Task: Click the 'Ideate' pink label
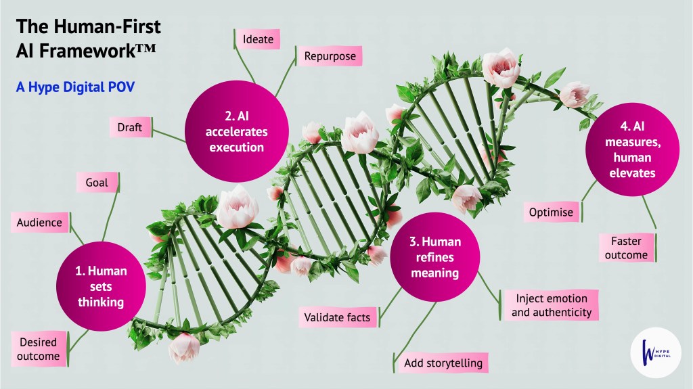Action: (x=258, y=39)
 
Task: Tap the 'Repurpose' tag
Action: (x=330, y=56)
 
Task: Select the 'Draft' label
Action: (x=129, y=127)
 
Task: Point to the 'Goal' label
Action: (x=97, y=183)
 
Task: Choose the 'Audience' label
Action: (x=39, y=222)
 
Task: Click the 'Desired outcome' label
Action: (x=39, y=349)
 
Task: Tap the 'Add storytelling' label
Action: (x=443, y=363)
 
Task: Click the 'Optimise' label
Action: (x=551, y=212)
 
